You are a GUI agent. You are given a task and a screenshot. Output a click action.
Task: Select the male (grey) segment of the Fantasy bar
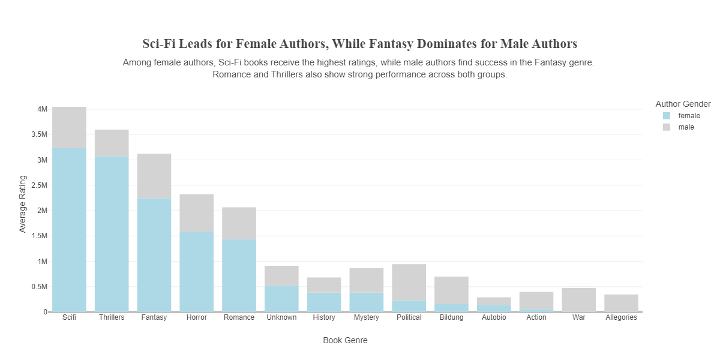[154, 176]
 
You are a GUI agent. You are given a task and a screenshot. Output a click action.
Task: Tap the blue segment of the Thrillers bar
[112, 234]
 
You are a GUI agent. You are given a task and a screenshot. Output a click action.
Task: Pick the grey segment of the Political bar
[409, 282]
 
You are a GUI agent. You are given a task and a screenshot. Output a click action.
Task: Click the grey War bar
[578, 299]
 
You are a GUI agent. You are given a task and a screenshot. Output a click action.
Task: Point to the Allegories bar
[621, 303]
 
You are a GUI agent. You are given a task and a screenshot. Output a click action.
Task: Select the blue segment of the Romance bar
[239, 275]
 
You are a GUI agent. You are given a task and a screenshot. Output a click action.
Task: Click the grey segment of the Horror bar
[197, 213]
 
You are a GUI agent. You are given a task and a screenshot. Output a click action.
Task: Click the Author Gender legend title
[683, 104]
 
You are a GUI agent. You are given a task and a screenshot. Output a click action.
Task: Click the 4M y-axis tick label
[42, 109]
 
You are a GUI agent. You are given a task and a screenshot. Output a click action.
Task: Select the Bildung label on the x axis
[451, 317]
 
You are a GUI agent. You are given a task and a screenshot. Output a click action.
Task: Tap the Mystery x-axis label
[366, 317]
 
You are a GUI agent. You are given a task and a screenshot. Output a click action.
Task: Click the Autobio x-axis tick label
[494, 317]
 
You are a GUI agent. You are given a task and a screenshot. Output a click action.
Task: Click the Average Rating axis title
[23, 204]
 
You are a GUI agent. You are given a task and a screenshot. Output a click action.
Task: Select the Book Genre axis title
[345, 340]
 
